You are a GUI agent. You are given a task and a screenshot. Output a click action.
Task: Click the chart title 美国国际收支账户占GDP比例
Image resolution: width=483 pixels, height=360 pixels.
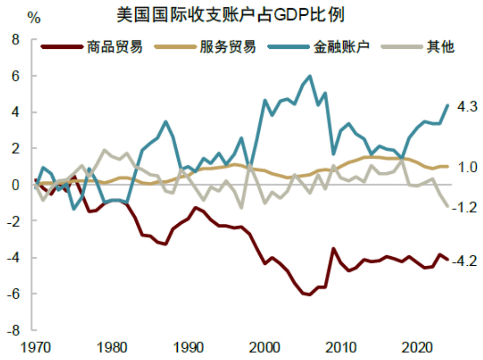point(230,15)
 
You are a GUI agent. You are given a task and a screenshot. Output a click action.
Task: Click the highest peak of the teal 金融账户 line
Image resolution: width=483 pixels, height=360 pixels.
point(310,76)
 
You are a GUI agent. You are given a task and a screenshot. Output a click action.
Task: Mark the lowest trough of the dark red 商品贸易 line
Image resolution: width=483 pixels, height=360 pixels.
point(310,295)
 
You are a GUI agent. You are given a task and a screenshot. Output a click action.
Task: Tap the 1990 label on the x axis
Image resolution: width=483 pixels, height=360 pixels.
point(187,349)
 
